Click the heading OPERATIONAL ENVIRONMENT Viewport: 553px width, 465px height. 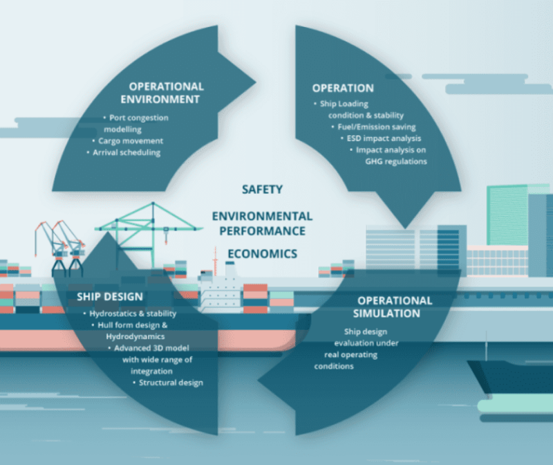(162, 93)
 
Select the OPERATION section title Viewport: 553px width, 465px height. (343, 88)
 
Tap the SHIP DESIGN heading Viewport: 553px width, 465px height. (110, 297)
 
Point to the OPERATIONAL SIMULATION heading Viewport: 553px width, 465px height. (391, 307)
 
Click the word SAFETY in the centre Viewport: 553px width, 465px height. (263, 189)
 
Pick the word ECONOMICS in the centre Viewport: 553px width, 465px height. (263, 253)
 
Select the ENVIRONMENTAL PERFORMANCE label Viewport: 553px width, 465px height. (263, 224)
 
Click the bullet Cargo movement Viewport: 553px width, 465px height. (128, 141)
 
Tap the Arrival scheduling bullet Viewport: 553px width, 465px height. (124, 152)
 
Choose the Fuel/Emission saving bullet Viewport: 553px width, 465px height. (373, 127)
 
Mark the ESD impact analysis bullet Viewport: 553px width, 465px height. (381, 138)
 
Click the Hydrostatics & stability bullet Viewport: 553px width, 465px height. (130, 313)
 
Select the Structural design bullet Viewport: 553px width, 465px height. (168, 383)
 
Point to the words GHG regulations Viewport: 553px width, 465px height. (396, 162)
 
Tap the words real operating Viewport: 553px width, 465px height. (351, 355)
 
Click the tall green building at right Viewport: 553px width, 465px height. (507, 215)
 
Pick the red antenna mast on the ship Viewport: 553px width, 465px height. (214, 262)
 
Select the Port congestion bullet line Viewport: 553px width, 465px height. (135, 118)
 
